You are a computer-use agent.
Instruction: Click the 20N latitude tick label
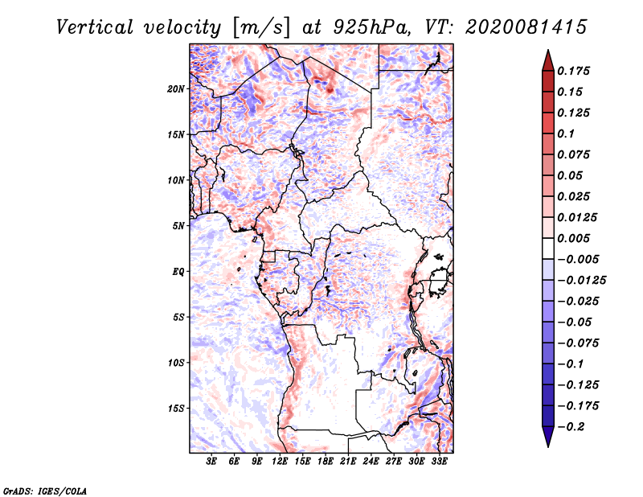point(176,89)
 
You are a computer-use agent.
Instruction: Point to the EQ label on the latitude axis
point(178,272)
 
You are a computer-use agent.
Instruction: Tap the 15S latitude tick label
point(176,409)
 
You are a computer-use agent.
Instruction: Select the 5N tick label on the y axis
point(178,226)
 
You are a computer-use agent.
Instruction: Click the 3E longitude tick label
point(211,462)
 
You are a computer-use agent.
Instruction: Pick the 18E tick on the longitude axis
point(326,462)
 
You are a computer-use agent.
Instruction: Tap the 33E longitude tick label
point(439,462)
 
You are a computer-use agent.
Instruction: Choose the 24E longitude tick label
point(371,462)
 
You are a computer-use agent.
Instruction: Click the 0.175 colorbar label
point(573,71)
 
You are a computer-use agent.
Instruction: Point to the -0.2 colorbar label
point(571,427)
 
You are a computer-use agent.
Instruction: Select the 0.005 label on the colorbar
point(573,238)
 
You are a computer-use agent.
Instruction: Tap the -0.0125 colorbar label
point(581,281)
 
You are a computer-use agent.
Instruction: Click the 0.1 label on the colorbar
point(566,133)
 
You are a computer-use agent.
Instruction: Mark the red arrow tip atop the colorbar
point(548,50)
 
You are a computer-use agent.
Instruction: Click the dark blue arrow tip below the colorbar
point(548,446)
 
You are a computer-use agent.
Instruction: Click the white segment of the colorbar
point(548,249)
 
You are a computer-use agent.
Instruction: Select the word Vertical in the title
point(95,27)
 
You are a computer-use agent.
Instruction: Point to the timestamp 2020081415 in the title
point(526,27)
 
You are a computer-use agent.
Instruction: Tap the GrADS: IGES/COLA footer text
point(45,491)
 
